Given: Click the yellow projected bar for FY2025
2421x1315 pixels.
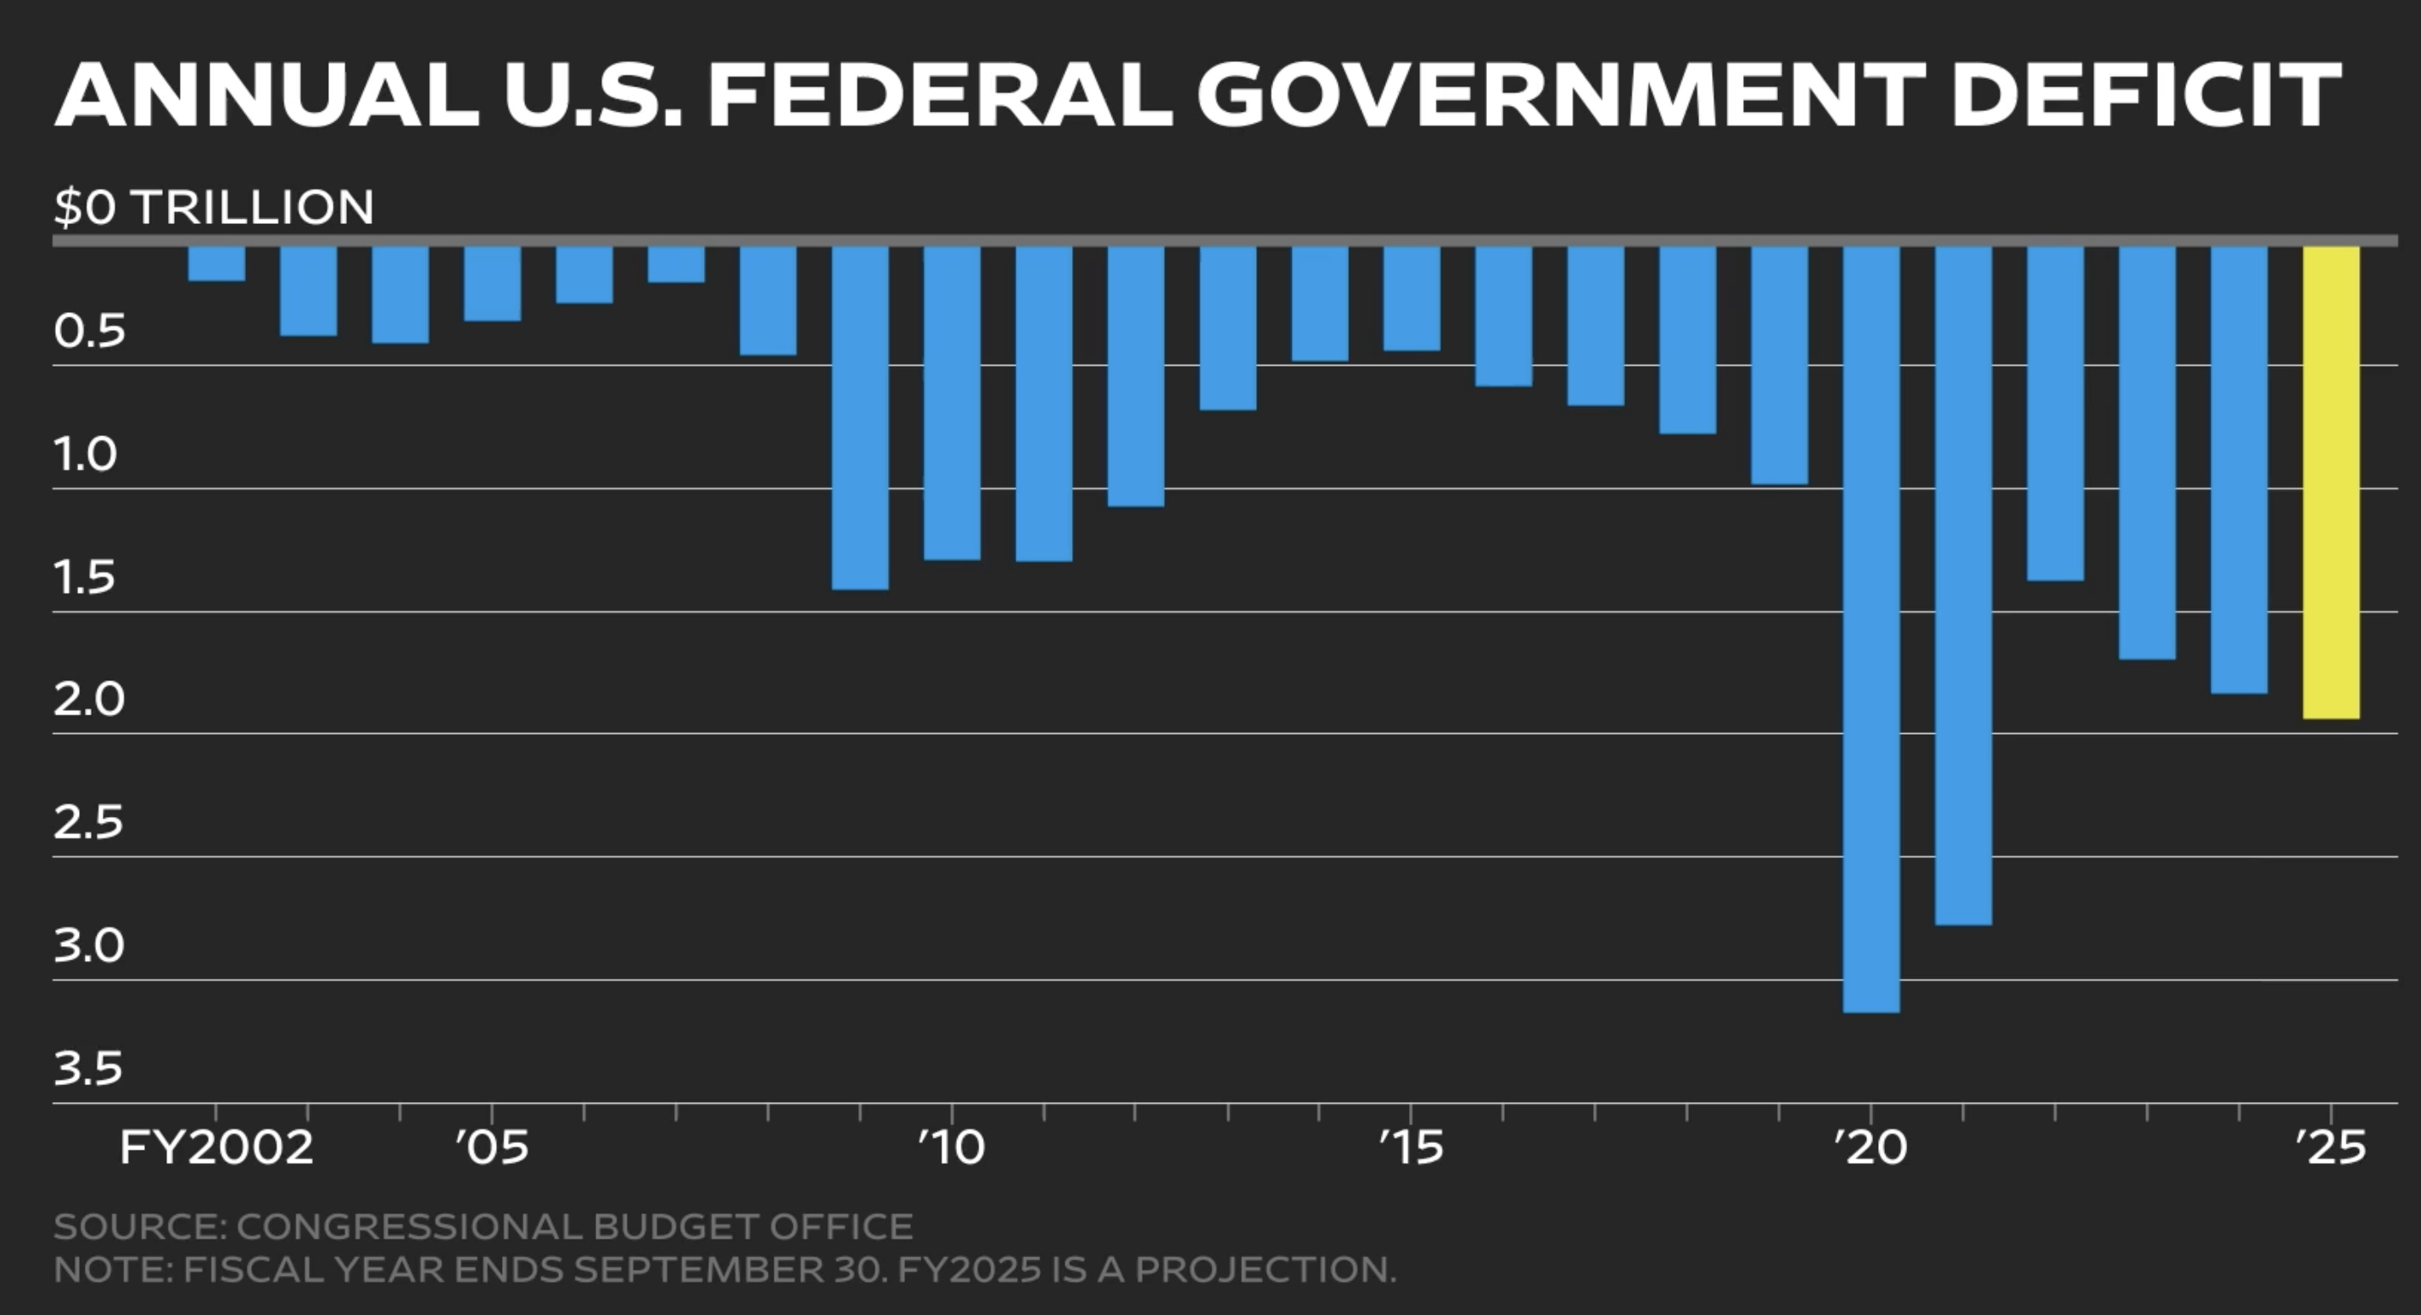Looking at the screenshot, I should (x=2331, y=481).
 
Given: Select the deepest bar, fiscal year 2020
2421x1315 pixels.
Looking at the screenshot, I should (x=1871, y=628).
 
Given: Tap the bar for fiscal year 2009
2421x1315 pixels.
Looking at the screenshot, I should (x=860, y=417).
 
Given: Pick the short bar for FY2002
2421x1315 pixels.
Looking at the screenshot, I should (x=216, y=263).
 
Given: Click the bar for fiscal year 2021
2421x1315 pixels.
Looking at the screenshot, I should (x=1963, y=585).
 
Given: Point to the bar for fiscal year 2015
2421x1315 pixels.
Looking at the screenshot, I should (x=1412, y=298).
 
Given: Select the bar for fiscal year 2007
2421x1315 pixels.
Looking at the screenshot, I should (x=676, y=264).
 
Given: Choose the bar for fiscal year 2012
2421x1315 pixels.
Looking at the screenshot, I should (x=1135, y=376).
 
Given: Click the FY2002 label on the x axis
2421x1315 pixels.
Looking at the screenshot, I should (x=216, y=1149).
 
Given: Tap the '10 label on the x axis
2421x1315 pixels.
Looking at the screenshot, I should (x=951, y=1149).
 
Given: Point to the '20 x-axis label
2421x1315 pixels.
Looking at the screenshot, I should (x=1870, y=1149).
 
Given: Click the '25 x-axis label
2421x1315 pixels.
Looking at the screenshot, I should (x=2330, y=1149).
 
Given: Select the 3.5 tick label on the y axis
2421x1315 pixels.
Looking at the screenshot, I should (x=88, y=1069).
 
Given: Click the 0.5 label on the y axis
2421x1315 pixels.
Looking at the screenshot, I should (x=88, y=332).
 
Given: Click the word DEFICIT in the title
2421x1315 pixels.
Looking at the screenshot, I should (x=2145, y=95).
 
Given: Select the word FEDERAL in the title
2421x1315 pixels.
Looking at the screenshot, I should (x=940, y=95).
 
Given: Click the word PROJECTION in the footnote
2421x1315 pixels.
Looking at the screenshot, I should (x=1264, y=1270).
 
